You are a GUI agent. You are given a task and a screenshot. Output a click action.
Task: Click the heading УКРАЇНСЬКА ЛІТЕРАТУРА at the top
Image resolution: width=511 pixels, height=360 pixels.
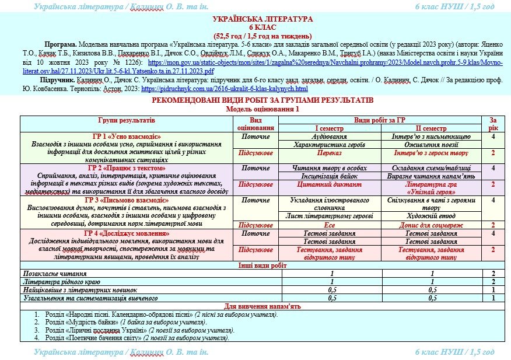click(x=256, y=19)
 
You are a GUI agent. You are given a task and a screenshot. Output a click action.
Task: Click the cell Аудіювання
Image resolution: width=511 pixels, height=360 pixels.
click(x=330, y=136)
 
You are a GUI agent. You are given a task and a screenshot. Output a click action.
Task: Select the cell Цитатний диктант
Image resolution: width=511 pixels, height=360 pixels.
click(x=330, y=184)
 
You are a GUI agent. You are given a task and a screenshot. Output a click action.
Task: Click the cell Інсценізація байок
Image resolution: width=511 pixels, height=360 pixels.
click(x=330, y=176)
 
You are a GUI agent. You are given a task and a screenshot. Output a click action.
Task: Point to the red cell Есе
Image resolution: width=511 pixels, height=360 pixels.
click(x=330, y=225)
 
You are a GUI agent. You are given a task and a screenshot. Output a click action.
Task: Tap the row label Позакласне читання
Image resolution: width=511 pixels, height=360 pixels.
click(x=55, y=273)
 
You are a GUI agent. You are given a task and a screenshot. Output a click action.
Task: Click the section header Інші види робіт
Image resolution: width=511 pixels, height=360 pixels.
click(x=255, y=265)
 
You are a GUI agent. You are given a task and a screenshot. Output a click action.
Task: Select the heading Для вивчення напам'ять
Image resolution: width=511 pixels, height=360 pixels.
click(x=255, y=306)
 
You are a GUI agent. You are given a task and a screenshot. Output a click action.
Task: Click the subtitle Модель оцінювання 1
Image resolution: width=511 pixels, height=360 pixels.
click(x=255, y=109)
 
